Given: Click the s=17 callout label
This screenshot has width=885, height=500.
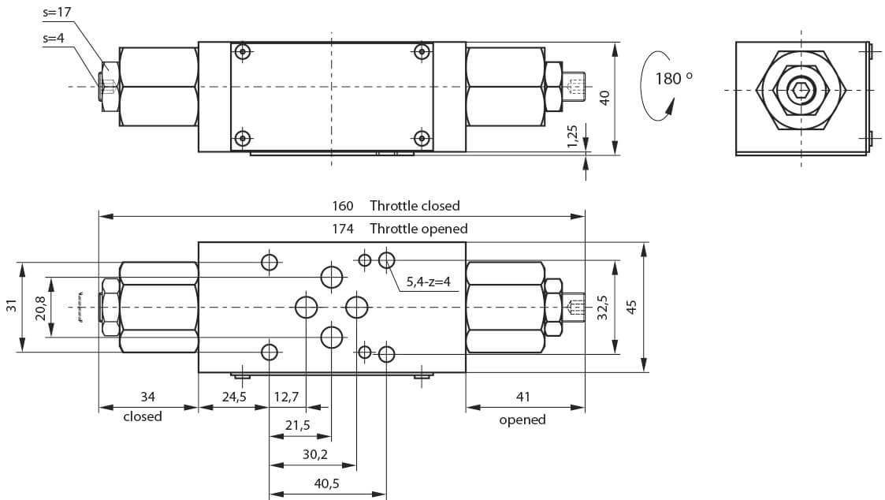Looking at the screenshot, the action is [57, 12].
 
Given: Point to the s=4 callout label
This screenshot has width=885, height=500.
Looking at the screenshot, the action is [54, 39].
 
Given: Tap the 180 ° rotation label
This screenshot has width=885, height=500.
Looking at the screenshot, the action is [673, 78].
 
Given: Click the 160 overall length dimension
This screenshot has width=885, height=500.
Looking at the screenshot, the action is [342, 206].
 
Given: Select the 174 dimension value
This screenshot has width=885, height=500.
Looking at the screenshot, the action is [342, 229].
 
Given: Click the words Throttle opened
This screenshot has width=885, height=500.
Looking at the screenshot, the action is [418, 229].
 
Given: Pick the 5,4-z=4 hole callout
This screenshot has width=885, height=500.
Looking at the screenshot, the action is [429, 282].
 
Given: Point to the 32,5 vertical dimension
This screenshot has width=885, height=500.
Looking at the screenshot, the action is [603, 308].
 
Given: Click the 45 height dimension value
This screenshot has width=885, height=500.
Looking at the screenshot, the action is [631, 308].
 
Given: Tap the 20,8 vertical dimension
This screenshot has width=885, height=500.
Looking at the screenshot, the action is [41, 308].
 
